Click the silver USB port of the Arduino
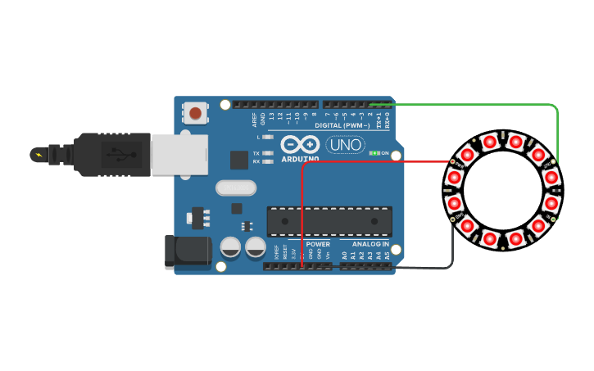click(x=179, y=153)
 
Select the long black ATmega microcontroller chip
click(x=329, y=221)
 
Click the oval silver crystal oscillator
click(x=236, y=188)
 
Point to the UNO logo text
click(x=345, y=145)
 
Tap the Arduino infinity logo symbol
click(x=300, y=144)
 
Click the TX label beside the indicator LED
click(x=256, y=153)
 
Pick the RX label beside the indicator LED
click(x=256, y=161)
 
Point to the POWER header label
click(x=318, y=244)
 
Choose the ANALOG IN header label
click(x=370, y=244)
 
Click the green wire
click(x=492, y=105)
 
